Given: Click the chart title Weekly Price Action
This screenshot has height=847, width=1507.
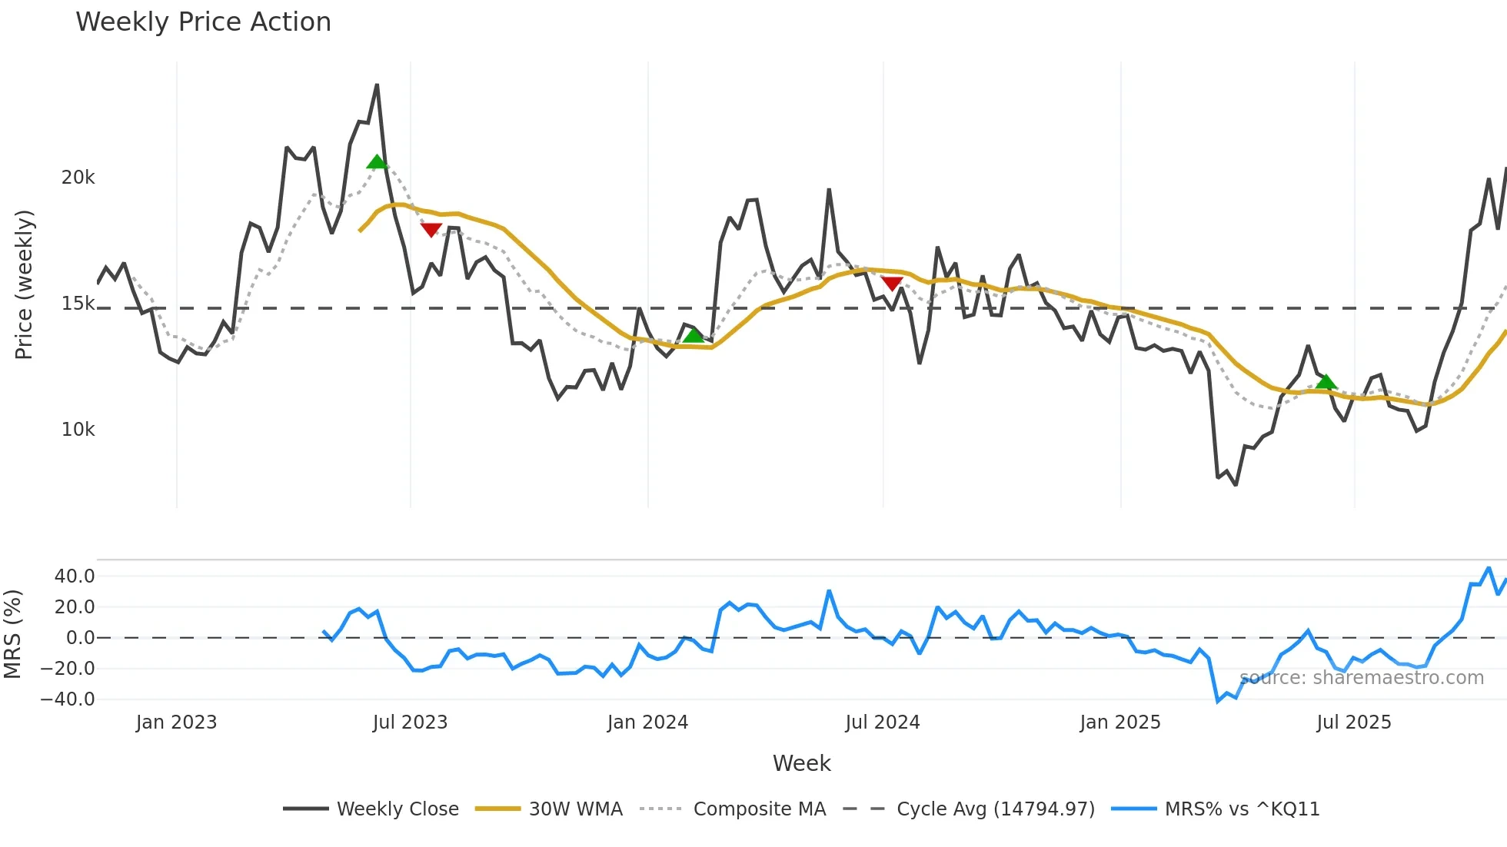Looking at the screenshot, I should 203,22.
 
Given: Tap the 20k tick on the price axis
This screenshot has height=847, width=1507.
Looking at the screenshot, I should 78,178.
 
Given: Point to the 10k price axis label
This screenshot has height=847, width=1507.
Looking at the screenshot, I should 78,430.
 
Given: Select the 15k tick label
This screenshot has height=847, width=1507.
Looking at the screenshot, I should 78,304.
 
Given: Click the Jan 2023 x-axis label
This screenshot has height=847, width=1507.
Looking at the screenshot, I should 176,722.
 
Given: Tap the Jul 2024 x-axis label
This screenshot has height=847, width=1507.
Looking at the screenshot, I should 882,722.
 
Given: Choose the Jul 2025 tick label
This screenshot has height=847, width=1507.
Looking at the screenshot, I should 1353,722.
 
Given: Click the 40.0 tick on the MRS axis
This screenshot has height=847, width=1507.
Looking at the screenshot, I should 75,576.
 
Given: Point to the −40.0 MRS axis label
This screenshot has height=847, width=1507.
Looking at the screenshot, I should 68,699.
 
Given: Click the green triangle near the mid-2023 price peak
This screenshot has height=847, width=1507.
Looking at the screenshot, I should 377,161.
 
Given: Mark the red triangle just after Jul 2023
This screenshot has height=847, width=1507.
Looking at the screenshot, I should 431,229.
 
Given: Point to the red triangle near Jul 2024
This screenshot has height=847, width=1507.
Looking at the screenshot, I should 891,283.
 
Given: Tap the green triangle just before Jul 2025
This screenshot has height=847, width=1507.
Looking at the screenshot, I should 1326,381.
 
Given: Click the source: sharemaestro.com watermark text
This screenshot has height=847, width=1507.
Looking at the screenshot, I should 1361,678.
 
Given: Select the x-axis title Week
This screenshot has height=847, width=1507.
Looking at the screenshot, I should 801,763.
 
